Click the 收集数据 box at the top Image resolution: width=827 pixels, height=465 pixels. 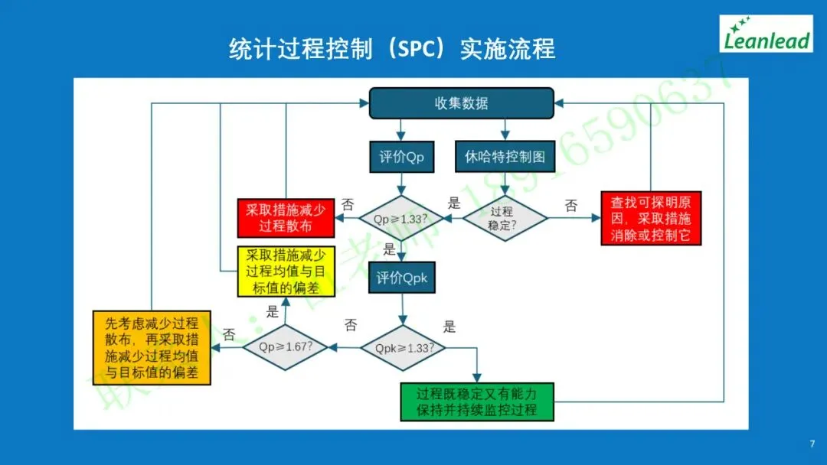[x=461, y=103]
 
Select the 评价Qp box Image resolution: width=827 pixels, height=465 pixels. [x=401, y=158]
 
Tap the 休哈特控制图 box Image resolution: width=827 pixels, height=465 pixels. [x=505, y=158]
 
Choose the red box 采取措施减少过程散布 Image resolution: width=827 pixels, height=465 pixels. [x=286, y=218]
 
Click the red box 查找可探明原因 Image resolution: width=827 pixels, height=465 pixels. [x=651, y=218]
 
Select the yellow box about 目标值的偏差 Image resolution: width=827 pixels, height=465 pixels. [x=285, y=272]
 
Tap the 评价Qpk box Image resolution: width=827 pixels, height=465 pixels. [x=401, y=279]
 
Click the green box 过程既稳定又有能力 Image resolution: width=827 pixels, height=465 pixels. [x=476, y=402]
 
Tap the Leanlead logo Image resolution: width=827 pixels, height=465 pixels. [x=766, y=34]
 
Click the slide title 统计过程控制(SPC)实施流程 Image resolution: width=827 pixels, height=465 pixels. [x=392, y=49]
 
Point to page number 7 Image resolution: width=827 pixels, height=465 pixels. [x=812, y=444]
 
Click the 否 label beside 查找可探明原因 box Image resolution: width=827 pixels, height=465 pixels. [x=571, y=205]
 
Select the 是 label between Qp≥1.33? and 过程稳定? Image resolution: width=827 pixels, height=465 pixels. [x=454, y=203]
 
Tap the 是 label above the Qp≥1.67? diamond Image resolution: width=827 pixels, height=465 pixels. [x=272, y=311]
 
